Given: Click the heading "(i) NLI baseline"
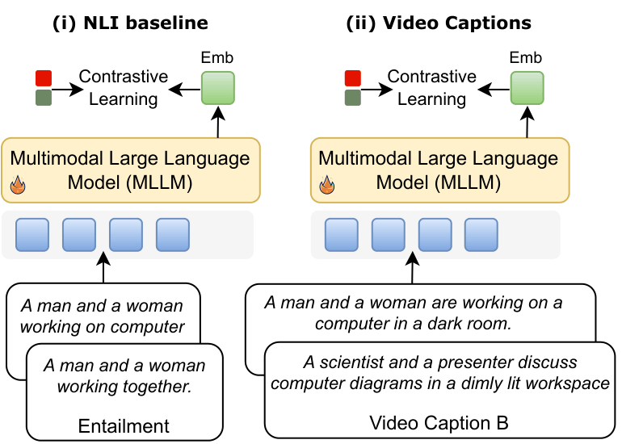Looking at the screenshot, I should (x=130, y=22).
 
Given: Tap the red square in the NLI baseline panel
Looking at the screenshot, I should (x=44, y=78).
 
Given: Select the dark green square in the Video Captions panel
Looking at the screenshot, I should (x=352, y=98).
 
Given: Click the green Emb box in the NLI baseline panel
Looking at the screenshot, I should (x=217, y=87).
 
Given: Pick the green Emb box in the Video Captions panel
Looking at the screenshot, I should (x=527, y=87).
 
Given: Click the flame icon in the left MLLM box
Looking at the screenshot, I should (x=18, y=186).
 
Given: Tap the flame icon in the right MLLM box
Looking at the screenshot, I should (x=327, y=186).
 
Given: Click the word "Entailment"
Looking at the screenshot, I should (x=124, y=425).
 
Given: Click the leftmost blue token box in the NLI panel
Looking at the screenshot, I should (x=32, y=234).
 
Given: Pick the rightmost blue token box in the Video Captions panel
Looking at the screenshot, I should (x=481, y=234).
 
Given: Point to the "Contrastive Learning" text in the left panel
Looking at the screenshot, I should (x=123, y=88).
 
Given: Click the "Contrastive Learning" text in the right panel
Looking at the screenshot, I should (x=432, y=88).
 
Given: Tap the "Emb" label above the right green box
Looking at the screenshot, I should (x=527, y=58).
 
